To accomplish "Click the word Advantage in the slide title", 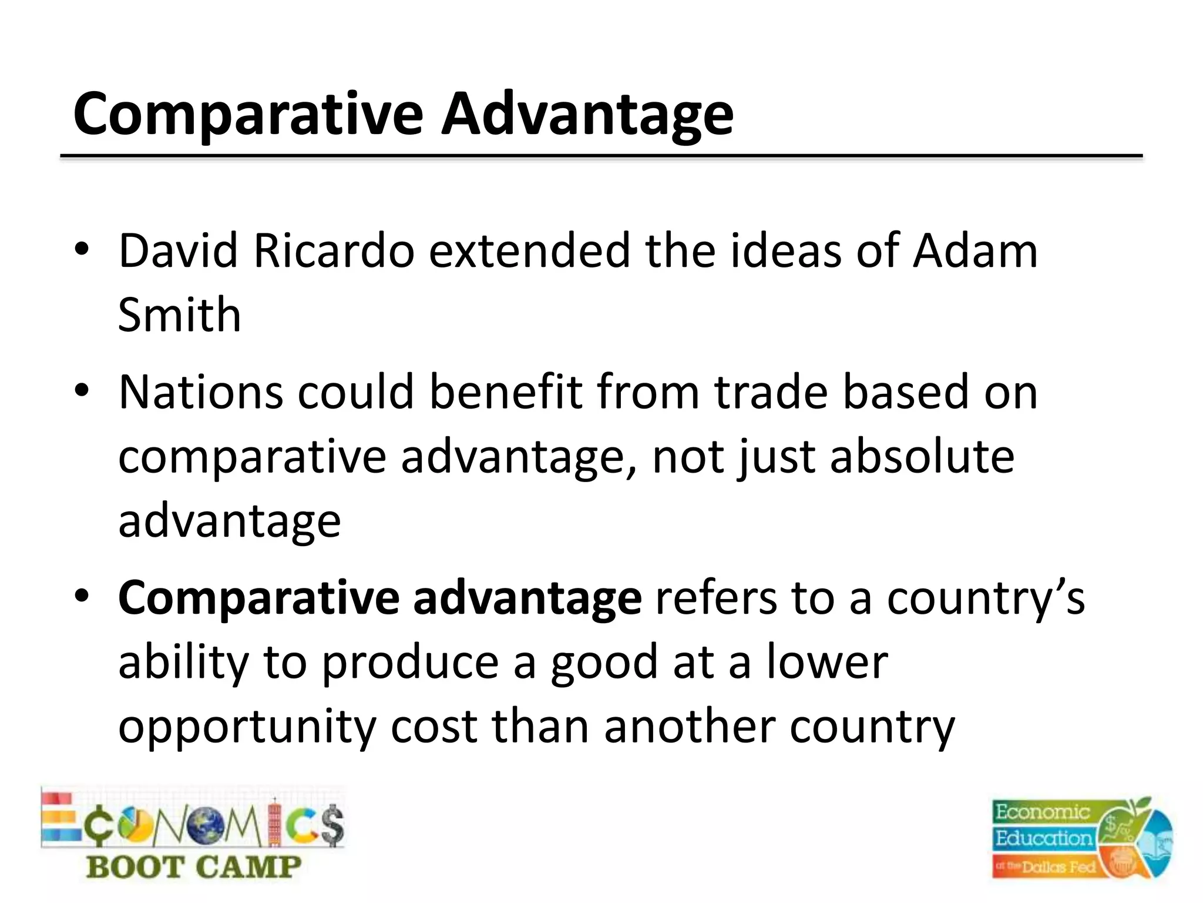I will click(x=587, y=115).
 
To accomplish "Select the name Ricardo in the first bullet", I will click(x=334, y=252).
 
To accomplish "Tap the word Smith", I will click(x=180, y=315).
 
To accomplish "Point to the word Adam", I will click(x=975, y=252).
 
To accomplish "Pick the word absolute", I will click(x=922, y=457).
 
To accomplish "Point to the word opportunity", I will click(x=247, y=728).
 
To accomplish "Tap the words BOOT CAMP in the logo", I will click(x=194, y=867).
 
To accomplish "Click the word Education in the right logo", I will click(x=1043, y=838).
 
